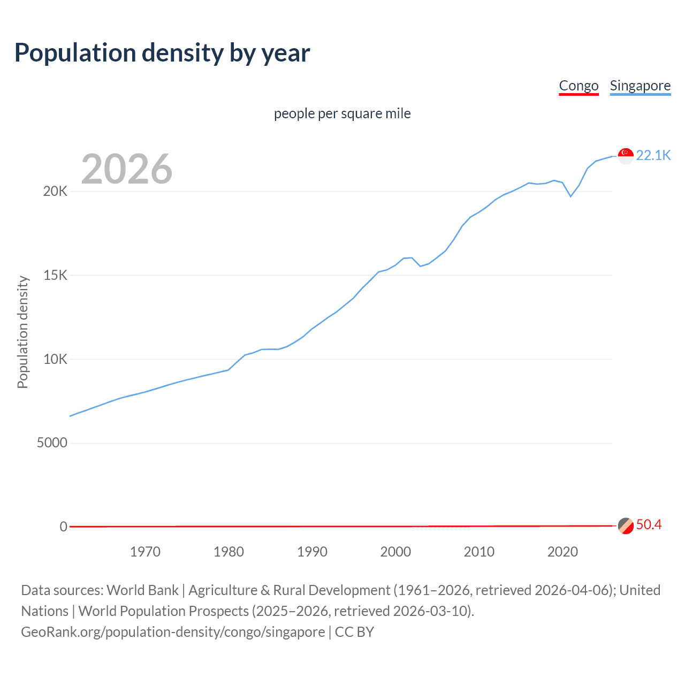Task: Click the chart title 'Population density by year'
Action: tap(162, 53)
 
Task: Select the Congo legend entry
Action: tap(579, 86)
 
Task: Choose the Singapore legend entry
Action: tap(640, 86)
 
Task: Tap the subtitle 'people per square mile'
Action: tap(342, 113)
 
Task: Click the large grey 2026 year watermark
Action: tap(127, 169)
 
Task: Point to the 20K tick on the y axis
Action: tap(55, 192)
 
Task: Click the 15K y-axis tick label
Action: tap(55, 276)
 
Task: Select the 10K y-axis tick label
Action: tap(55, 359)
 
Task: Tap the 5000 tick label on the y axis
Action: tap(52, 443)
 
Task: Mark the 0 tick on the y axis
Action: tap(63, 527)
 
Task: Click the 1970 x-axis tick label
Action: tap(145, 552)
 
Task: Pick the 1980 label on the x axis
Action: tap(229, 552)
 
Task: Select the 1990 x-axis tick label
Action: tap(312, 552)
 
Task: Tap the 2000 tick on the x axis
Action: tap(395, 552)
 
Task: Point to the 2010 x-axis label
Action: tap(479, 552)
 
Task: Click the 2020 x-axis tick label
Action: tap(562, 552)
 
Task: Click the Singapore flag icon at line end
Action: tap(626, 156)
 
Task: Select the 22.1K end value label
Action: tap(653, 155)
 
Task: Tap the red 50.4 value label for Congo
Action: tap(649, 525)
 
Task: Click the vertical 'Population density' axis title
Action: tap(22, 332)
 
